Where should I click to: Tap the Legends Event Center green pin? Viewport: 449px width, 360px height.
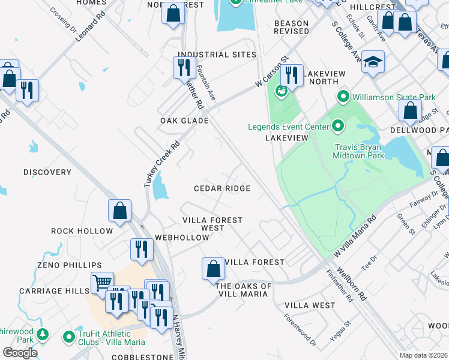click(x=338, y=126)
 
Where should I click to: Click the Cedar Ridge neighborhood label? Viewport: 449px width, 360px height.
click(x=222, y=188)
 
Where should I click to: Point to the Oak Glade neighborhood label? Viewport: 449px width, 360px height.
click(x=184, y=121)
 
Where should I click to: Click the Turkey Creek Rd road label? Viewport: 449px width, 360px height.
click(x=161, y=164)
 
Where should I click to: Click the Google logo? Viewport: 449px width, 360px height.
click(x=20, y=353)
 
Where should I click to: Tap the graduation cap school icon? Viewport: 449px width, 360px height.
click(x=373, y=63)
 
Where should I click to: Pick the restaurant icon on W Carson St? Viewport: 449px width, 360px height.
click(x=292, y=74)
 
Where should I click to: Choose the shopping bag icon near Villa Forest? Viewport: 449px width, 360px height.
click(x=213, y=269)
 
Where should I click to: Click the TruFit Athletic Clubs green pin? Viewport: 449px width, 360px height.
click(x=70, y=337)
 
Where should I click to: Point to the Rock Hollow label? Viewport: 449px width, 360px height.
click(x=82, y=231)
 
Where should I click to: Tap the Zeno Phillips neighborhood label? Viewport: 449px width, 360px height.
click(x=69, y=265)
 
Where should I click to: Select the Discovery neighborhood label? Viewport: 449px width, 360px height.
click(x=47, y=172)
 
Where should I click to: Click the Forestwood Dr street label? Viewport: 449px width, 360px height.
click(x=300, y=330)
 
